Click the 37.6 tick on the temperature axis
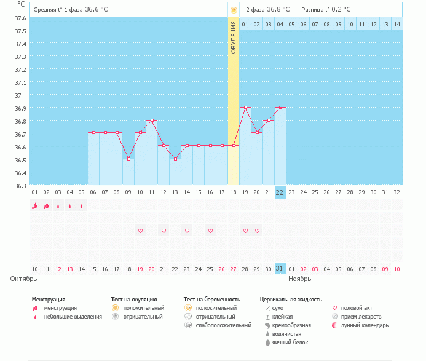(x=20, y=18)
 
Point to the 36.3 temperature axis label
(x=20, y=186)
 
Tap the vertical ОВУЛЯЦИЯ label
(x=234, y=38)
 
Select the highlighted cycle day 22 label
(x=280, y=192)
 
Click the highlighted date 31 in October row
(x=280, y=269)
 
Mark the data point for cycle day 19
(x=245, y=107)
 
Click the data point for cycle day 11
(x=152, y=120)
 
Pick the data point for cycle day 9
(x=128, y=159)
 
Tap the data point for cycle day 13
(x=175, y=159)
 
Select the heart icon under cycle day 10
(x=140, y=231)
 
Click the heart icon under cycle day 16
(x=210, y=231)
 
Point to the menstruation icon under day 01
(x=35, y=206)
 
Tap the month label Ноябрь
(x=301, y=279)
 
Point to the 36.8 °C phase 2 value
(x=282, y=10)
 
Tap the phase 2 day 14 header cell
(x=396, y=24)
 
